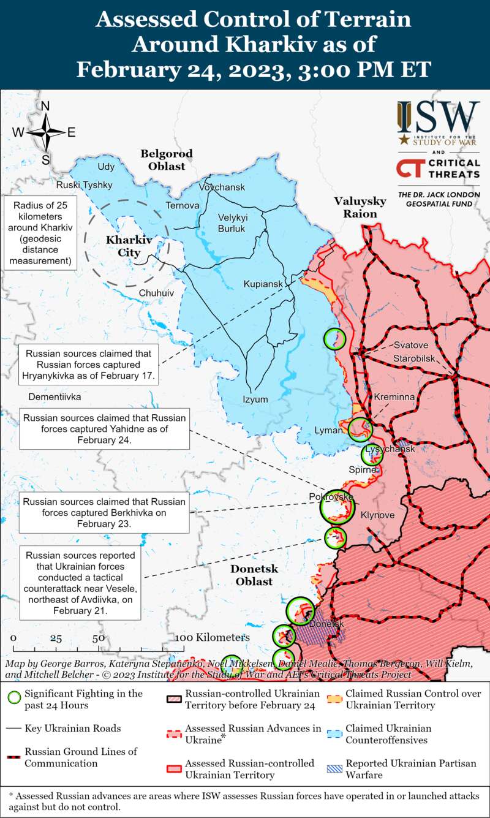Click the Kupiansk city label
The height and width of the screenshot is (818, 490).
(263, 284)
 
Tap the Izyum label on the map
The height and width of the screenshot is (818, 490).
(255, 400)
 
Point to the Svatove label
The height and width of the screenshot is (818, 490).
(411, 345)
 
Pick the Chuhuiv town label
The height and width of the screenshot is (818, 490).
(156, 293)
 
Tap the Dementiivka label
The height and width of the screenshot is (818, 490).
(55, 396)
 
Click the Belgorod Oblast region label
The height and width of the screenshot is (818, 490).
(167, 159)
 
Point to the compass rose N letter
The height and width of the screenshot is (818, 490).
(45, 105)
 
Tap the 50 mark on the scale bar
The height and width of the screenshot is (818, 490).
(98, 638)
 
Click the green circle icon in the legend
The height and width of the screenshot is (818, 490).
(14, 698)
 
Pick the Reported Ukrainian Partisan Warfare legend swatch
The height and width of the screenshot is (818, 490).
(334, 764)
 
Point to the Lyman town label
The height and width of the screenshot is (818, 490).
(327, 431)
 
